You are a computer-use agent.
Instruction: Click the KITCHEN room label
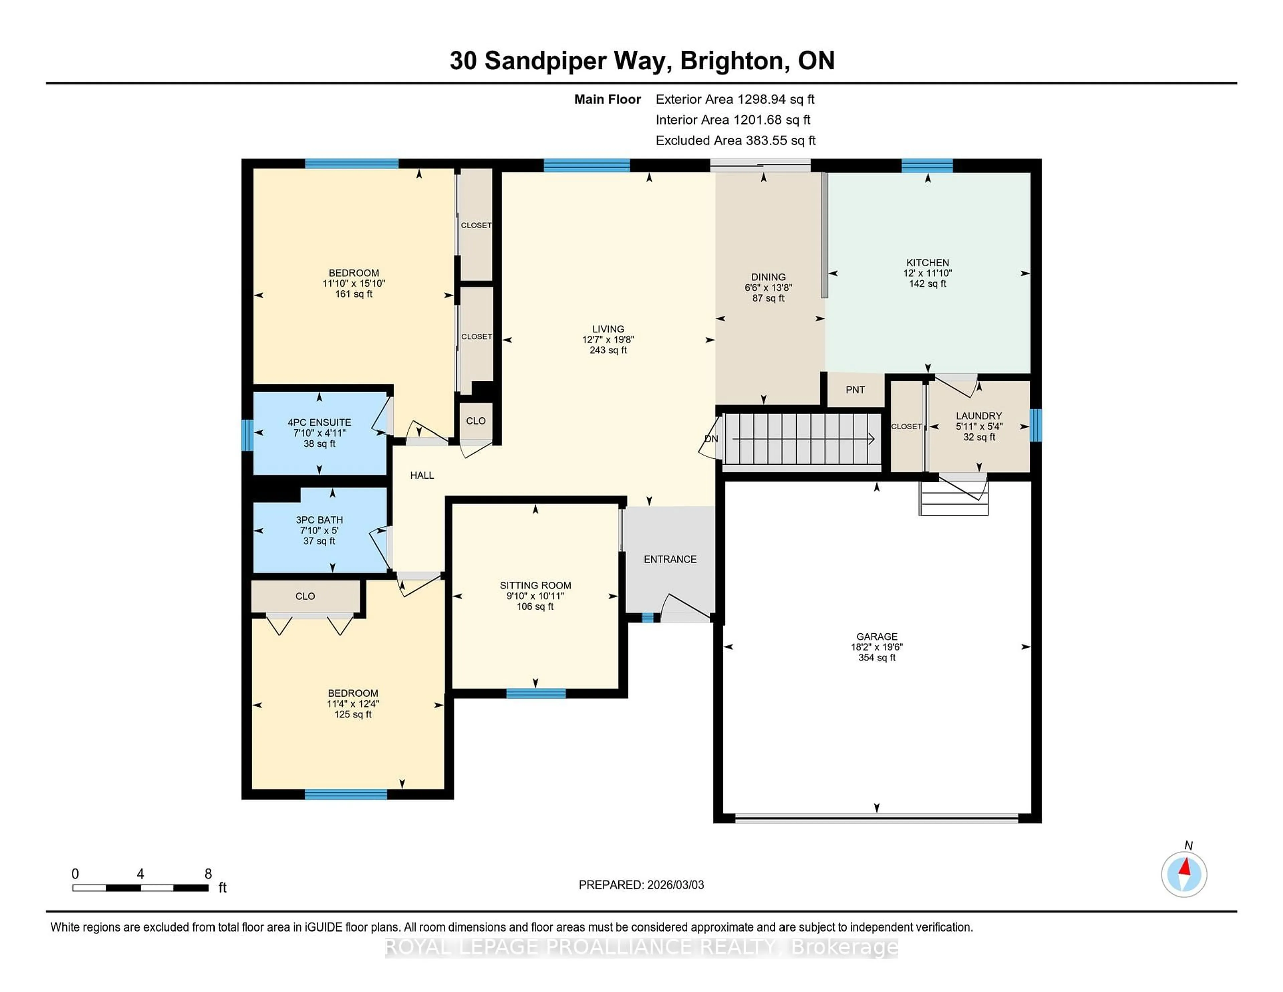pyautogui.click(x=927, y=263)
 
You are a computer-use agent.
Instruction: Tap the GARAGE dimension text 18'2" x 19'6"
pyautogui.click(x=876, y=647)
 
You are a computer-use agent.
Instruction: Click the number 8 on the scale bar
pyautogui.click(x=208, y=874)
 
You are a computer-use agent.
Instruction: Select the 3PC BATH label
pyautogui.click(x=319, y=520)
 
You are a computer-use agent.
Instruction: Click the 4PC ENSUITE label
pyautogui.click(x=319, y=422)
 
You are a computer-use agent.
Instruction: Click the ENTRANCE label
pyautogui.click(x=670, y=559)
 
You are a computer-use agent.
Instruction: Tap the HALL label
pyautogui.click(x=422, y=475)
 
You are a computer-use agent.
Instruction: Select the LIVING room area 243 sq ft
pyautogui.click(x=608, y=350)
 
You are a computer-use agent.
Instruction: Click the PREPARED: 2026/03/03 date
pyautogui.click(x=641, y=884)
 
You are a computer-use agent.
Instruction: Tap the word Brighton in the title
pyautogui.click(x=731, y=60)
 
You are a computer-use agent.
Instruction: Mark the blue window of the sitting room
pyautogui.click(x=535, y=694)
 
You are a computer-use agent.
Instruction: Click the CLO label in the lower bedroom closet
pyautogui.click(x=305, y=596)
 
